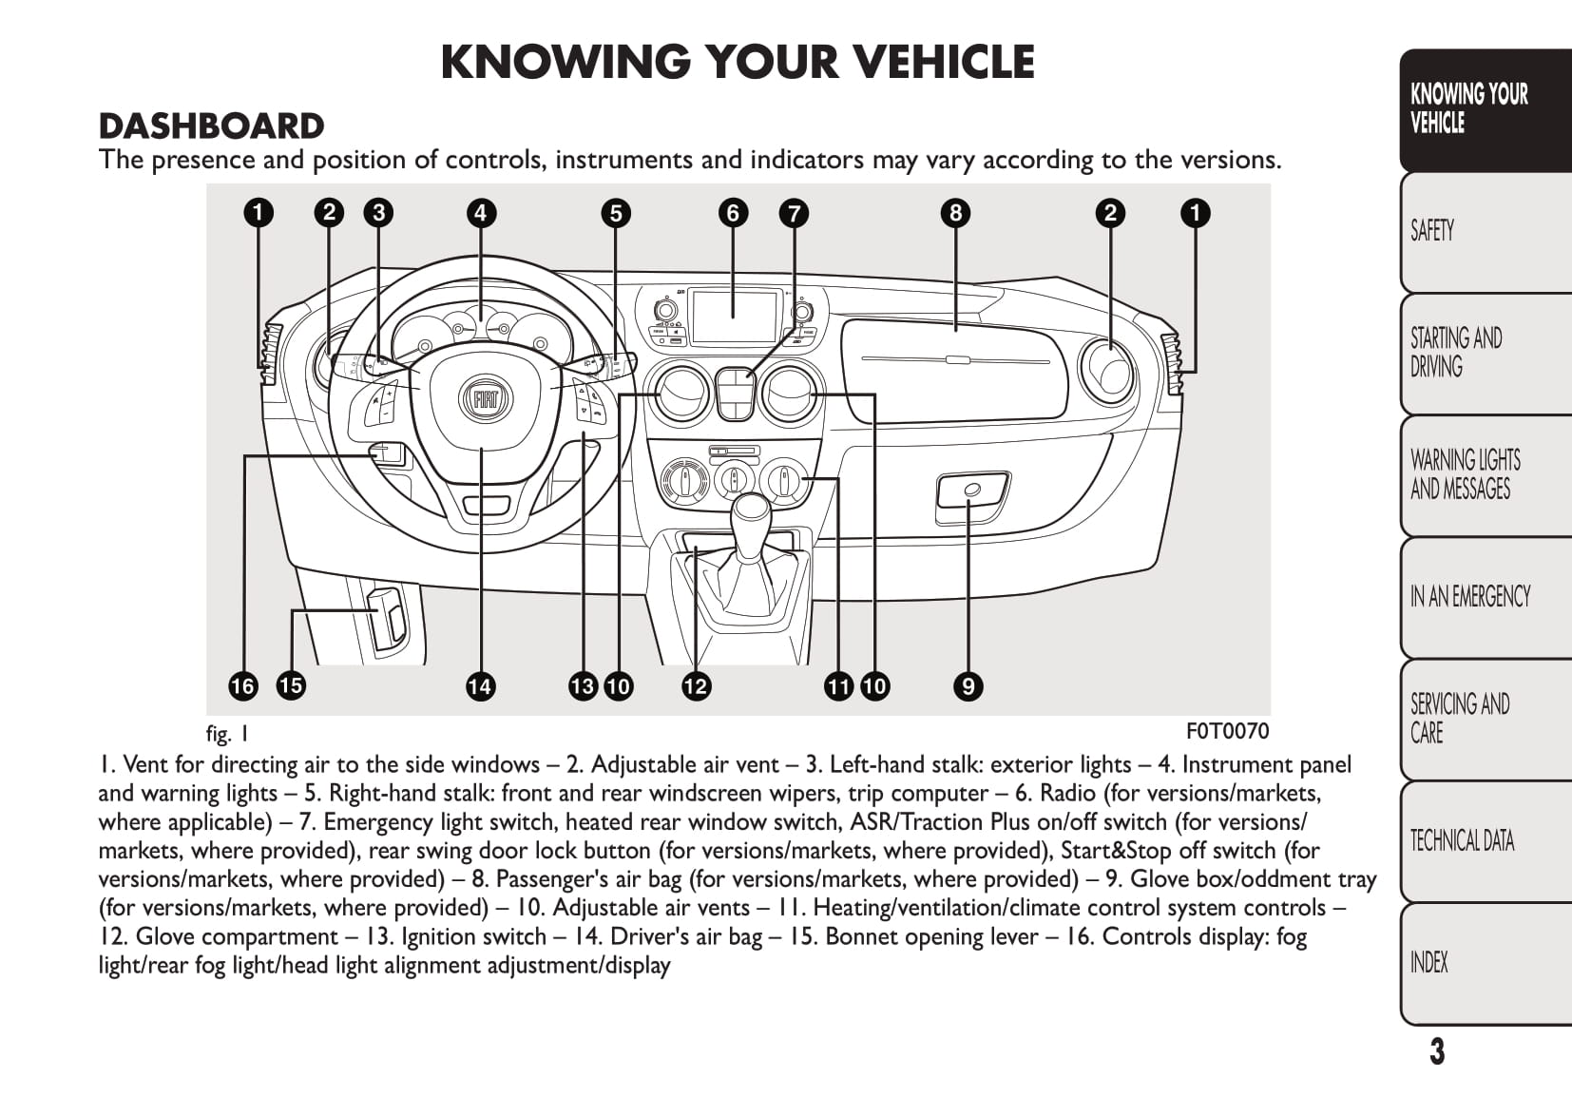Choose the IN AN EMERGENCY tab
click(x=1469, y=596)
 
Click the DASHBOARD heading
click(x=211, y=126)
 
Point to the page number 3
click(x=1437, y=1051)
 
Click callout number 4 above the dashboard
click(x=481, y=213)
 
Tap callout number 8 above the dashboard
click(x=955, y=213)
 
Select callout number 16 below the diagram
click(x=243, y=685)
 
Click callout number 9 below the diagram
click(x=968, y=685)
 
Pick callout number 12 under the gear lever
click(x=696, y=685)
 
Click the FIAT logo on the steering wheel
click(x=487, y=399)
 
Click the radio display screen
click(x=734, y=317)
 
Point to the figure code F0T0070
click(x=1227, y=730)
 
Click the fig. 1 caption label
click(x=227, y=733)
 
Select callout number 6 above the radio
click(x=732, y=213)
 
